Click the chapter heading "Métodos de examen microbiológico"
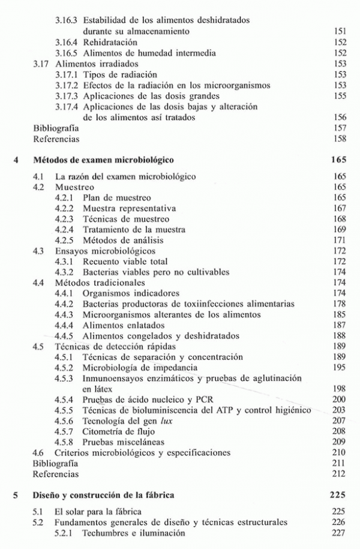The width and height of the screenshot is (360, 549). pyautogui.click(x=103, y=161)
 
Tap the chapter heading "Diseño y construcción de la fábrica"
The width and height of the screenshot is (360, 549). pyautogui.click(x=104, y=495)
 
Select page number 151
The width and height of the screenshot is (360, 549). pyautogui.click(x=339, y=31)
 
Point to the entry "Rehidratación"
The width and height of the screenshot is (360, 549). pyautogui.click(x=110, y=43)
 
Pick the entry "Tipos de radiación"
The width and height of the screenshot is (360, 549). pyautogui.click(x=120, y=75)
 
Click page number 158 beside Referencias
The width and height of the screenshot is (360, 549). pyautogui.click(x=339, y=139)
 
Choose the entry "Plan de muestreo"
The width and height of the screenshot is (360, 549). pyautogui.click(x=117, y=197)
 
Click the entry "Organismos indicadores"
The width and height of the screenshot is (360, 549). pyautogui.click(x=131, y=294)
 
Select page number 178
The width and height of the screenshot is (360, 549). pyautogui.click(x=339, y=305)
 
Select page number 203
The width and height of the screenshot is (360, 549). pyautogui.click(x=339, y=410)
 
